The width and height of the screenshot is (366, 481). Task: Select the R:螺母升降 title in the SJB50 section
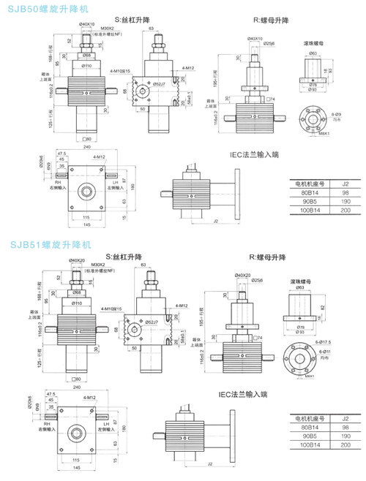(x=255, y=20)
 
